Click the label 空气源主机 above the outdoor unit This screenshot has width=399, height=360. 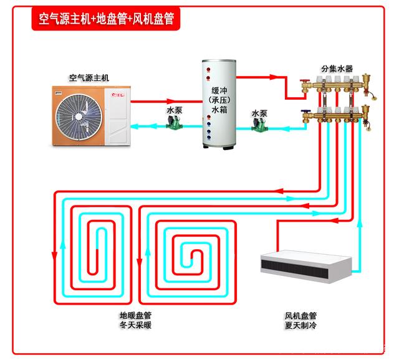tap(89, 78)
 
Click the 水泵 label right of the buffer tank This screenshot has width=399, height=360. tap(259, 113)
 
